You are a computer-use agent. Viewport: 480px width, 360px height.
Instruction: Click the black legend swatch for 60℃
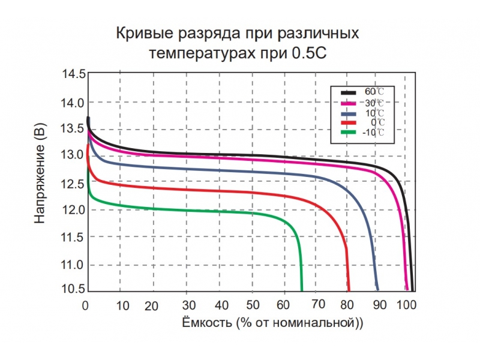(x=349, y=93)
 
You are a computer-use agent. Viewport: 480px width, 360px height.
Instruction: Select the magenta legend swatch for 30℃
(x=349, y=103)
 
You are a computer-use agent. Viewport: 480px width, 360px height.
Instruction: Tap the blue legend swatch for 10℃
(x=349, y=113)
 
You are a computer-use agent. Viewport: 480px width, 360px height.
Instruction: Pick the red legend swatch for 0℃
(x=349, y=122)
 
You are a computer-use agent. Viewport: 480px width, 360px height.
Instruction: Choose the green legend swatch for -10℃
(x=349, y=132)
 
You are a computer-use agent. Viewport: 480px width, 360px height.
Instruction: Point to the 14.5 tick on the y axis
(x=73, y=74)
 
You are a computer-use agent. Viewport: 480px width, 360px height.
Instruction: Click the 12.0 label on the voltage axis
(x=73, y=210)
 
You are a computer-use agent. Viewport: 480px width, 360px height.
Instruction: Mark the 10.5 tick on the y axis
(x=73, y=289)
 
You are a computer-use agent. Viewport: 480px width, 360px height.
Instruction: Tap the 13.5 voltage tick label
(x=73, y=128)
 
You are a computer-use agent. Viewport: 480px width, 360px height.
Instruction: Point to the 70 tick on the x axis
(x=319, y=304)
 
